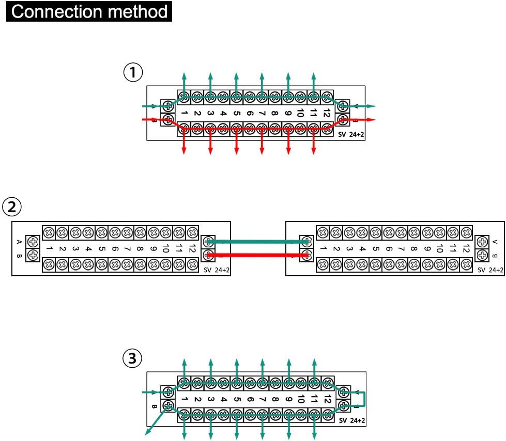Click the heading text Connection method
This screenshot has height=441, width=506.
click(89, 11)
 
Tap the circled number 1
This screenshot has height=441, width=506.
click(133, 72)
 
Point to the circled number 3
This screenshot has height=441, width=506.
click(133, 357)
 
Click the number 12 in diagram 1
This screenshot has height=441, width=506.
click(327, 112)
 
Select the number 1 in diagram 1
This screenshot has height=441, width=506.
click(185, 112)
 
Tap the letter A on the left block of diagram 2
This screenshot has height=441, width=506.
click(19, 241)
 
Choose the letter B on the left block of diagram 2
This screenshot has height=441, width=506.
click(19, 255)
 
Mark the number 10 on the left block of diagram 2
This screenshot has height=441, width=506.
click(166, 248)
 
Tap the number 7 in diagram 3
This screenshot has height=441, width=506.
click(263, 399)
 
